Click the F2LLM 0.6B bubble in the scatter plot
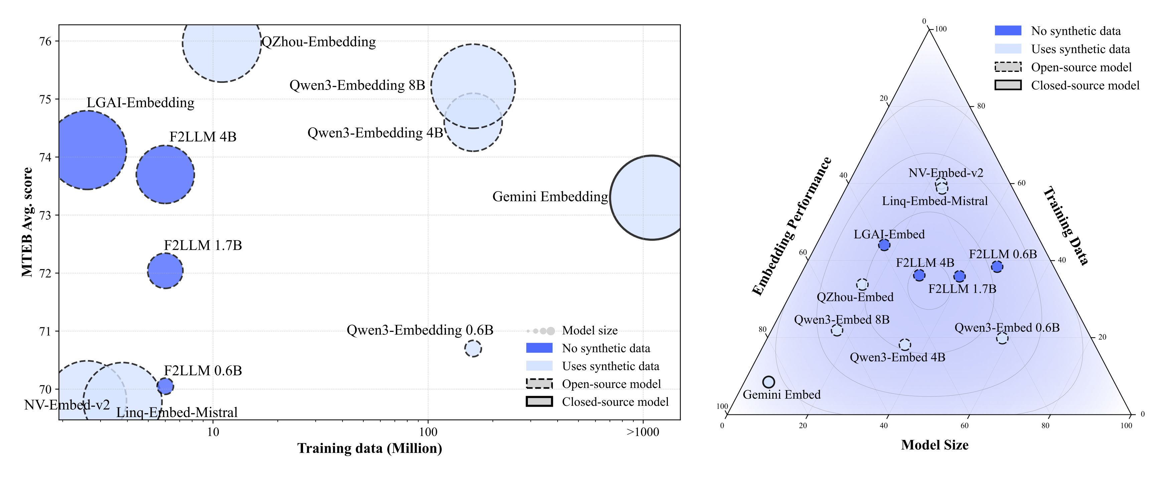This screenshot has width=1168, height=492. [165, 386]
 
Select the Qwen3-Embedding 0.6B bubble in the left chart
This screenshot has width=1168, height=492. [473, 348]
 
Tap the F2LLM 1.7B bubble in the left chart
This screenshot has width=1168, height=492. [165, 271]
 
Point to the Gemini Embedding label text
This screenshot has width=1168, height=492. [550, 197]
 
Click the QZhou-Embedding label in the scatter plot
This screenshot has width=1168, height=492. [319, 42]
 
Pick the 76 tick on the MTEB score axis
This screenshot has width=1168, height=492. [46, 41]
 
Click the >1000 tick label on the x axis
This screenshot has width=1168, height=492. [642, 432]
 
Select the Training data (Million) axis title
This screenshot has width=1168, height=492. [370, 449]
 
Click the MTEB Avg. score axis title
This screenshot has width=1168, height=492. [27, 222]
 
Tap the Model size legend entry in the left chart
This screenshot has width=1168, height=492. [589, 331]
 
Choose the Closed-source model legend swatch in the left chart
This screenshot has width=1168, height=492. [539, 402]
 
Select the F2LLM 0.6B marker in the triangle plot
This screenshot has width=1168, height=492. [997, 267]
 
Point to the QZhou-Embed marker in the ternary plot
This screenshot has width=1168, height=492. [862, 285]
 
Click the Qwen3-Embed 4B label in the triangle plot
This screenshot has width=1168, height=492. [897, 357]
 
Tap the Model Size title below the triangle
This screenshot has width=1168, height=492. [934, 445]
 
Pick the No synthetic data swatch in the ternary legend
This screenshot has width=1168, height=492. [1008, 31]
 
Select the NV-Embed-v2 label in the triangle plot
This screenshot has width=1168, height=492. [946, 173]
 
